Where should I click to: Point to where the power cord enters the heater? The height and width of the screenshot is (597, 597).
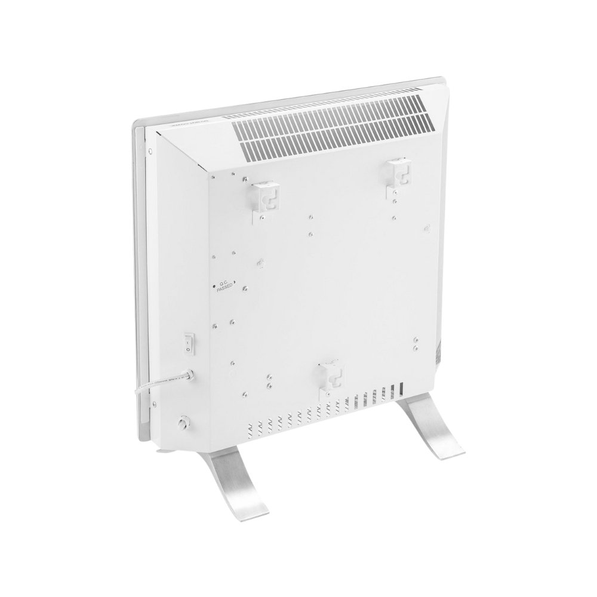point(189,376)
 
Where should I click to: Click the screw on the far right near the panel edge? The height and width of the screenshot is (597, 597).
point(426,227)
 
